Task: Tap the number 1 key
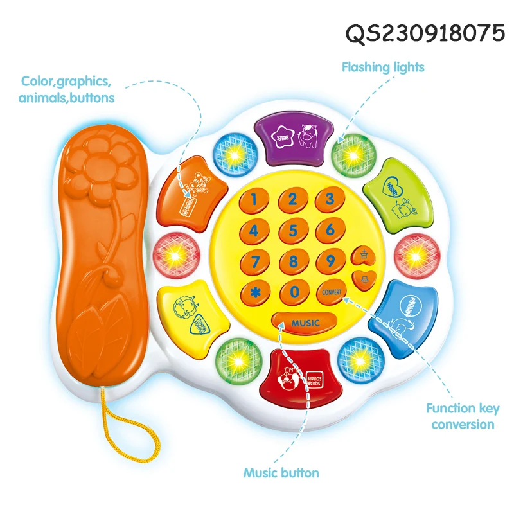tap(255, 200)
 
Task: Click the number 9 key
tap(331, 261)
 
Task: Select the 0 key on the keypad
tap(294, 292)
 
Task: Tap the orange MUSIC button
tap(305, 322)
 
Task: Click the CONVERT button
tap(332, 292)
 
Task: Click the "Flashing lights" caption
tap(382, 67)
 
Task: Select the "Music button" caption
tap(281, 473)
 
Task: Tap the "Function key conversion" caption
tap(463, 416)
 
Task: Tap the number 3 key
tap(330, 199)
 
